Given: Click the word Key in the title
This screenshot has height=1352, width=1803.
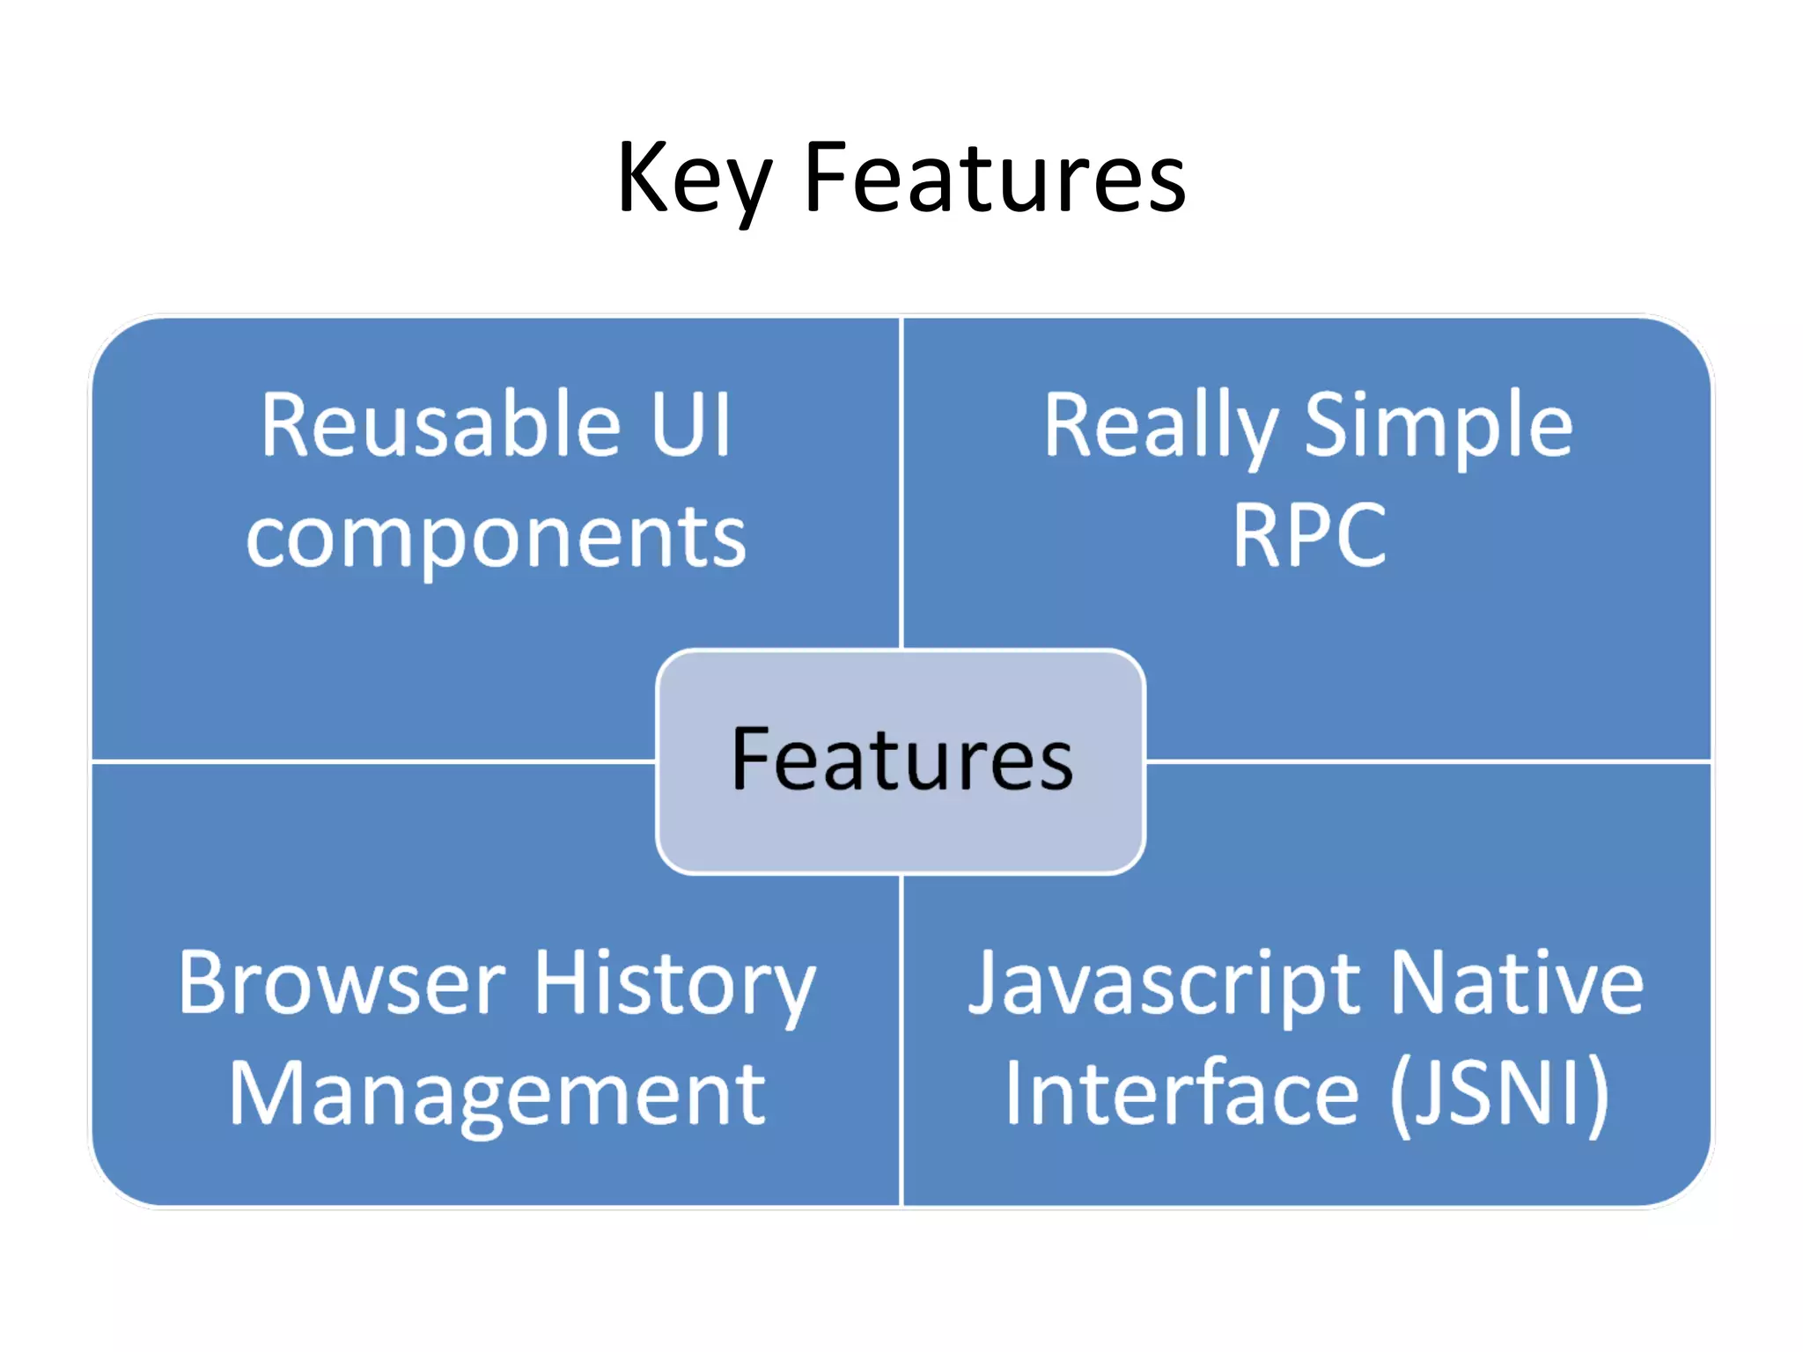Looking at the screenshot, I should [694, 180].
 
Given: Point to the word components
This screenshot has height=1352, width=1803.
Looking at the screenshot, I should [496, 538].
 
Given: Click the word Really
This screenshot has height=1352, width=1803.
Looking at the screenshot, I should [1160, 428].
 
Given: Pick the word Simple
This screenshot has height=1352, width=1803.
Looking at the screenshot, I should [1438, 428].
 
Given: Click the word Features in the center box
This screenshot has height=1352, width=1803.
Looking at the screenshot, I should [901, 760].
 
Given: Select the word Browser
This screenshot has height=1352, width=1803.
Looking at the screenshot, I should [342, 983].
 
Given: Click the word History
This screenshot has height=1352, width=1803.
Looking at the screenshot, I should [675, 985].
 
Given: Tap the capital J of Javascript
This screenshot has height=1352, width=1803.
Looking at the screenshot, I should [983, 983].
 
